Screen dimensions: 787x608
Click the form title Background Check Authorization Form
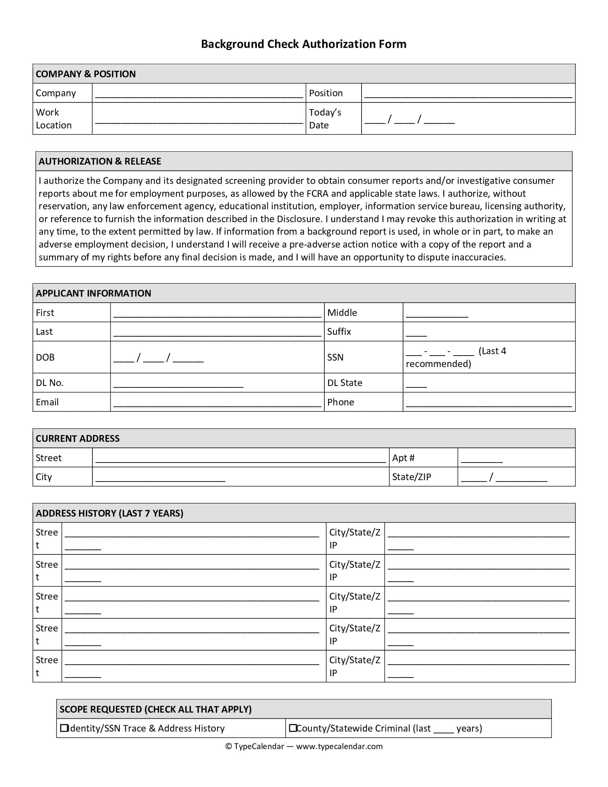[x=303, y=44]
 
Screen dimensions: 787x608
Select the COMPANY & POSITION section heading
[x=85, y=74]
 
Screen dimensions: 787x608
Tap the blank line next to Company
[x=199, y=94]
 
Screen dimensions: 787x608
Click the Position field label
[x=325, y=93]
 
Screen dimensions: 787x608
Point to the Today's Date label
[x=324, y=118]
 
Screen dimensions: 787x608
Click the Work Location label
[x=53, y=118]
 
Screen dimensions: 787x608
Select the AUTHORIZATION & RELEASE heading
[x=100, y=161]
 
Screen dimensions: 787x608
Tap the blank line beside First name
[x=217, y=314]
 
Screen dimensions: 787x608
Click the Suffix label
[x=339, y=332]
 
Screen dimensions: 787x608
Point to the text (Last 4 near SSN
[x=492, y=351]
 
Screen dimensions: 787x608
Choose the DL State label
[x=344, y=383]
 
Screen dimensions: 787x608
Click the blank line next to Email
[x=217, y=404]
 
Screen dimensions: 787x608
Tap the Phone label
[x=340, y=402]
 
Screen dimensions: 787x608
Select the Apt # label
[x=403, y=458]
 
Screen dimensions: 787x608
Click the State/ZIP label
[x=411, y=477]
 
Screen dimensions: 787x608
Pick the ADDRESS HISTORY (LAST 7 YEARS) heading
[x=109, y=513]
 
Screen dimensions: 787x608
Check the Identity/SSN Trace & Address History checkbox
[x=64, y=728]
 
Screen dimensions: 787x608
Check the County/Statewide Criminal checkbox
[x=293, y=728]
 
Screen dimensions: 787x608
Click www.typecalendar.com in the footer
[x=339, y=746]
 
